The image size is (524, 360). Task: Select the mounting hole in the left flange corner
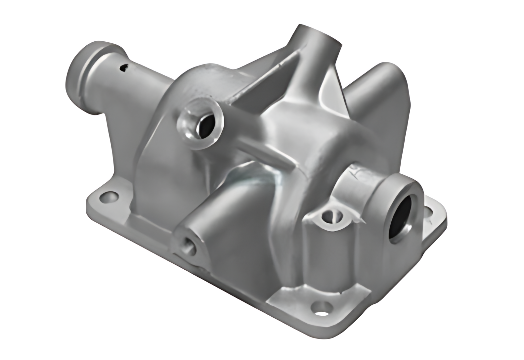[109, 197]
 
